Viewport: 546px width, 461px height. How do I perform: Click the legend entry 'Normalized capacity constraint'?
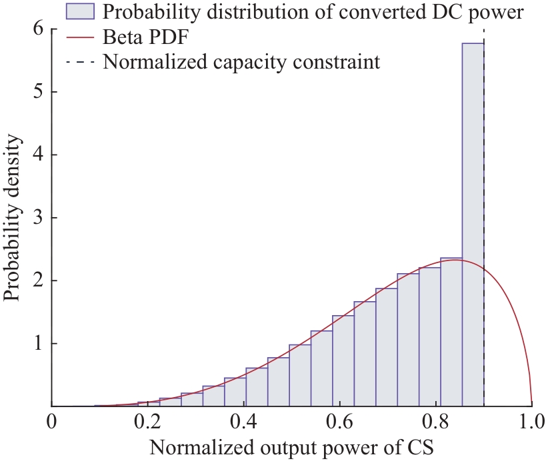(241, 63)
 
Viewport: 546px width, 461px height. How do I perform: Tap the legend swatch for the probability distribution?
(80, 11)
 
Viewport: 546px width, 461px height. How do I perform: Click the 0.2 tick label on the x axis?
(147, 422)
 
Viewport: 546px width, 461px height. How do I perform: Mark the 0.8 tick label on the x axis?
(436, 422)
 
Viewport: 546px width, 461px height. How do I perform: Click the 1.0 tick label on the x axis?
(531, 422)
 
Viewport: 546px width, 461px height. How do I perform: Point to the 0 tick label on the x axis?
(52, 422)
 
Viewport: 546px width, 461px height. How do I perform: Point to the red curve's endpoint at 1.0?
(531, 404)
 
